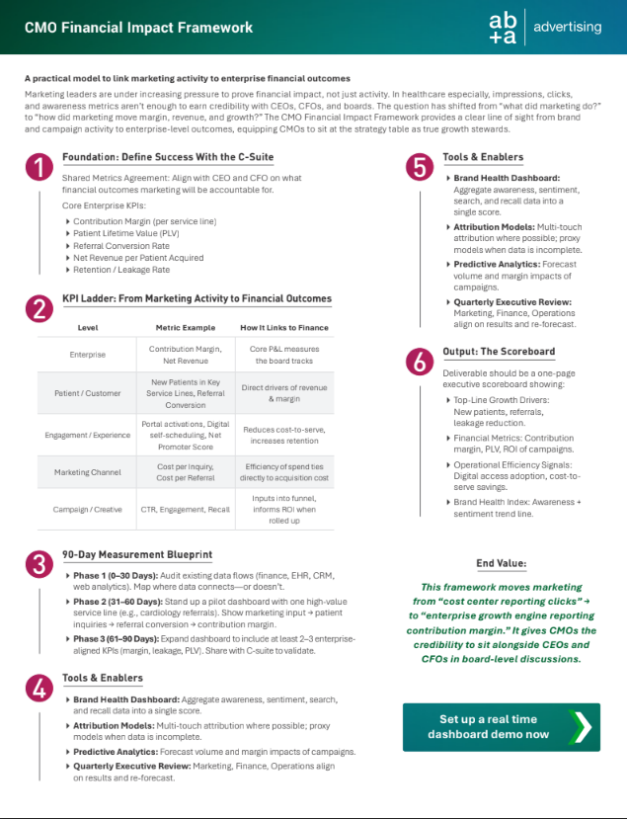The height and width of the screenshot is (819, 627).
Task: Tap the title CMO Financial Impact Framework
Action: coord(138,28)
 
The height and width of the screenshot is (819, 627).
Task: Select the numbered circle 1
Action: coord(39,168)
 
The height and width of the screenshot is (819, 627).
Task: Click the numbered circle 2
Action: coord(39,309)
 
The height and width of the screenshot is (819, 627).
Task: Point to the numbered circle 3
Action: coord(39,565)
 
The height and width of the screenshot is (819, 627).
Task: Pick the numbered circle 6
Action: coord(420,363)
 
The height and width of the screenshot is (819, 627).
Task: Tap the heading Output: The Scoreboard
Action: coord(499,352)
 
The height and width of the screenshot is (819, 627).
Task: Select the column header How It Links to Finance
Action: coord(284,326)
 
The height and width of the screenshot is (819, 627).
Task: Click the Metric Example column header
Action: coord(185,326)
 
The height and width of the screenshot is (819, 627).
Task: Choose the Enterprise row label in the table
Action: coord(88,354)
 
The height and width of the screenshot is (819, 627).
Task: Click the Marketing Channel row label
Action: coord(88,471)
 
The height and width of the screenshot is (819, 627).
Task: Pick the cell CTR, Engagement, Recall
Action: coord(185,509)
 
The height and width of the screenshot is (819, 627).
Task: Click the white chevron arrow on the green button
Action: coord(582,726)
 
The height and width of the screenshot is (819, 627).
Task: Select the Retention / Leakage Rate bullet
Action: coord(120,270)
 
